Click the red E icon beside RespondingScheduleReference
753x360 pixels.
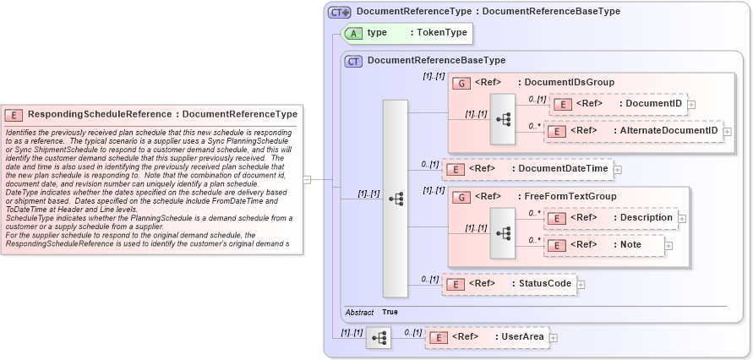pos(14,114)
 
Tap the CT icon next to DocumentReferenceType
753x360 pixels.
pos(340,12)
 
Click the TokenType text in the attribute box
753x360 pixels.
pos(438,33)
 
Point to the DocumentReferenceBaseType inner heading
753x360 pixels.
pos(436,61)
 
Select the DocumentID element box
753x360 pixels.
pos(619,103)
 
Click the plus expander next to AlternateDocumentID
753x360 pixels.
pos(727,131)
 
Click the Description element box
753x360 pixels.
pos(610,218)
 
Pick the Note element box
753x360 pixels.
pos(603,245)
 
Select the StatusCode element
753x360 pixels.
pos(509,283)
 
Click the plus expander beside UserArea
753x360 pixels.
pos(554,338)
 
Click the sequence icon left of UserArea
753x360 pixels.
pos(378,338)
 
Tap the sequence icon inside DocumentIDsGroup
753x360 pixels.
pos(502,119)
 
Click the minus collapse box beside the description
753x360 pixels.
pos(308,179)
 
